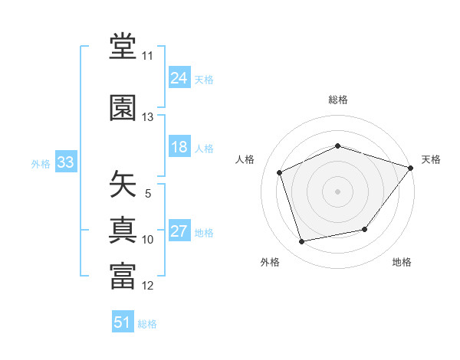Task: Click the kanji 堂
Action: tap(123, 46)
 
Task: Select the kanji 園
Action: tap(123, 107)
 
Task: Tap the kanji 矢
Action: tap(123, 184)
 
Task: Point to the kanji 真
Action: tap(123, 230)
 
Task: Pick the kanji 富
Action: tap(123, 276)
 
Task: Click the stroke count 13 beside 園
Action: tap(147, 117)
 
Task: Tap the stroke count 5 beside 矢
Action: tap(148, 194)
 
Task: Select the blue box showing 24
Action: tap(179, 77)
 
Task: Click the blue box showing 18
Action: tap(179, 146)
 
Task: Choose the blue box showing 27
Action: tap(179, 230)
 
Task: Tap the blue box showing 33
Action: tap(66, 162)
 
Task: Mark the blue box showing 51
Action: tap(123, 321)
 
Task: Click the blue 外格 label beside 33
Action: tap(41, 164)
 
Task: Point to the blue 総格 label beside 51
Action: tap(147, 324)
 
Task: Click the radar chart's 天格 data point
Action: tap(410, 168)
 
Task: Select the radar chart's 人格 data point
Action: tap(279, 172)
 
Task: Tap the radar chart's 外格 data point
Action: tap(301, 242)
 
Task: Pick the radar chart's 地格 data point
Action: tap(365, 229)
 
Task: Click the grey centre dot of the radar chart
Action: tap(337, 191)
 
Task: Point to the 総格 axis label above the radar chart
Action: tap(338, 100)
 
